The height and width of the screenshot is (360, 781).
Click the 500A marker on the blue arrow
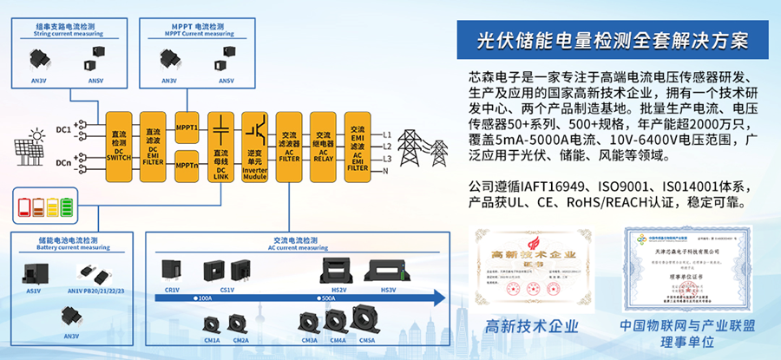point(329,298)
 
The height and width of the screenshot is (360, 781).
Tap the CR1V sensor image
point(173,272)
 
